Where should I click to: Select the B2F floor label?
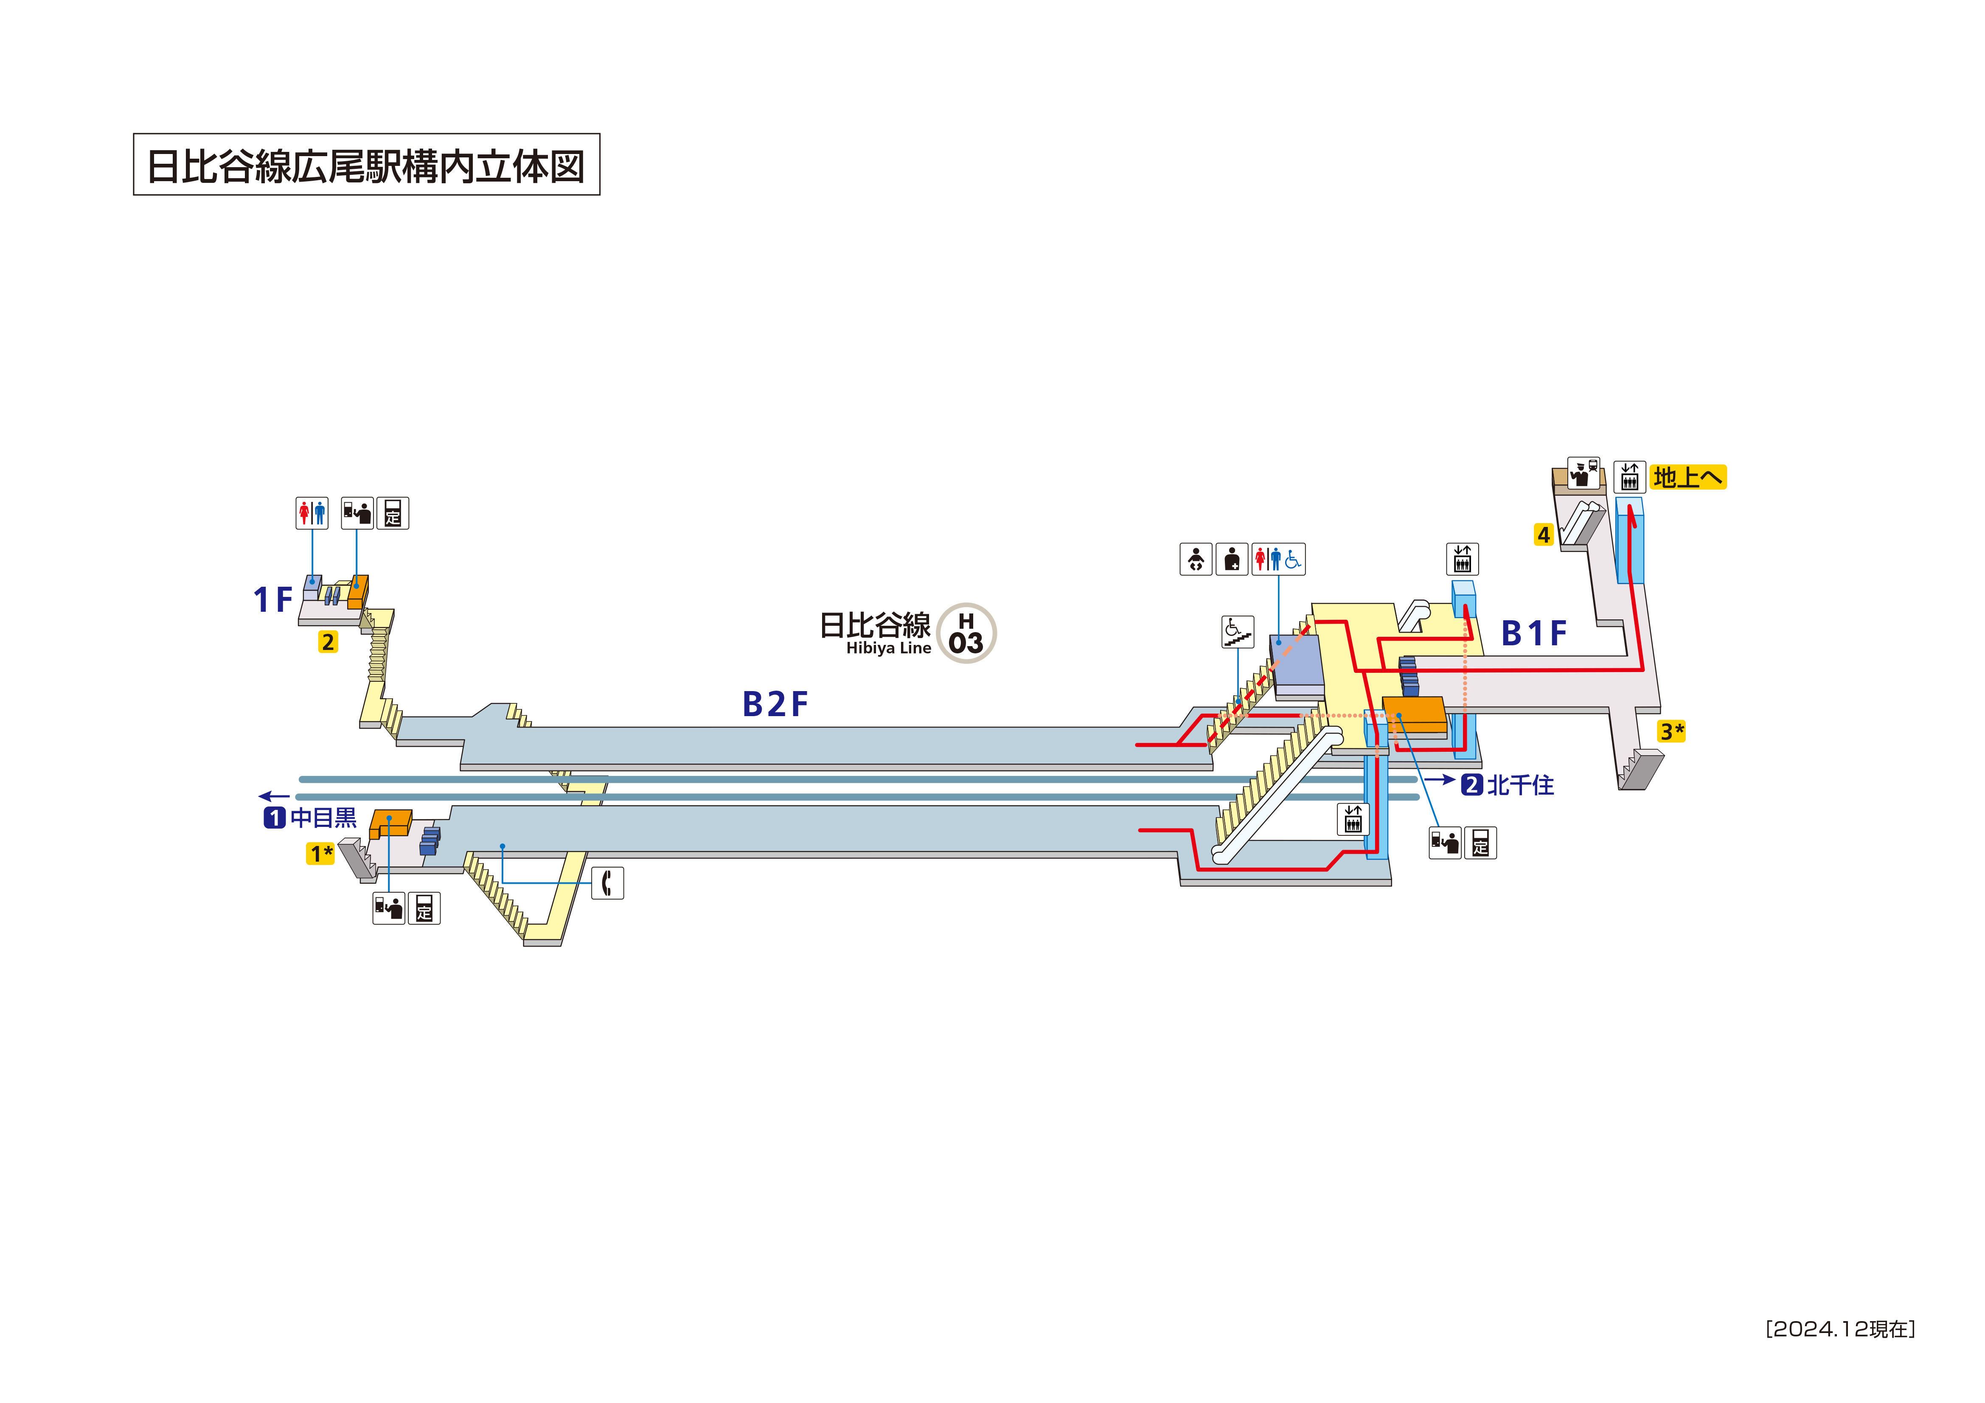pyautogui.click(x=775, y=705)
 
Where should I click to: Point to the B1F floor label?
pyautogui.click(x=1534, y=634)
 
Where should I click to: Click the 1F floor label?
pyautogui.click(x=272, y=599)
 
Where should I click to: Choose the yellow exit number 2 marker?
pyautogui.click(x=328, y=642)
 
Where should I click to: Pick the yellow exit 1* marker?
pyautogui.click(x=321, y=854)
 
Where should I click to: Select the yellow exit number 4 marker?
pyautogui.click(x=1543, y=535)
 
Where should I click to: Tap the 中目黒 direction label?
pyautogui.click(x=323, y=818)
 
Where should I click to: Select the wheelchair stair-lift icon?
pyautogui.click(x=1237, y=632)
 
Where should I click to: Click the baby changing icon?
pyautogui.click(x=1196, y=559)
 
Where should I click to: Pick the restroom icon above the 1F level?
pyautogui.click(x=312, y=513)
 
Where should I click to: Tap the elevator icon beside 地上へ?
pyautogui.click(x=1629, y=477)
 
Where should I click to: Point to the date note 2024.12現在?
pyautogui.click(x=1840, y=1329)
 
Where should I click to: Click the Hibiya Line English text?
pyautogui.click(x=888, y=648)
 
